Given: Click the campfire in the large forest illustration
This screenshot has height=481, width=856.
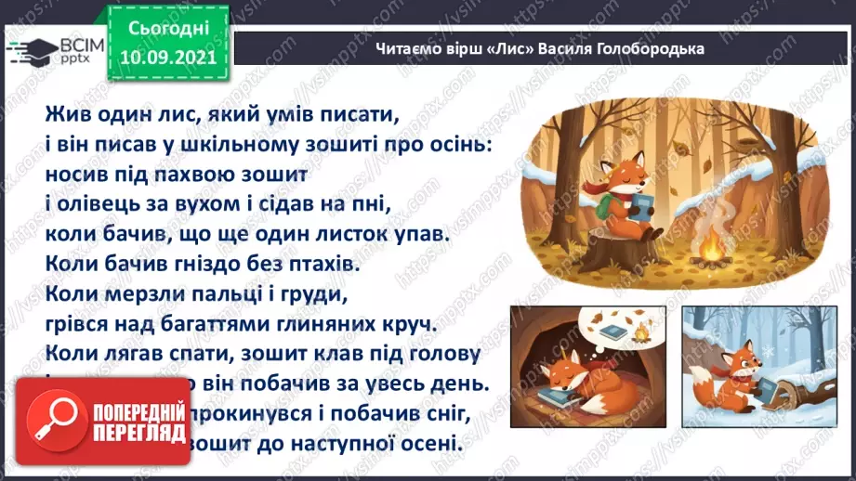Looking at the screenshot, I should point(711,248).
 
